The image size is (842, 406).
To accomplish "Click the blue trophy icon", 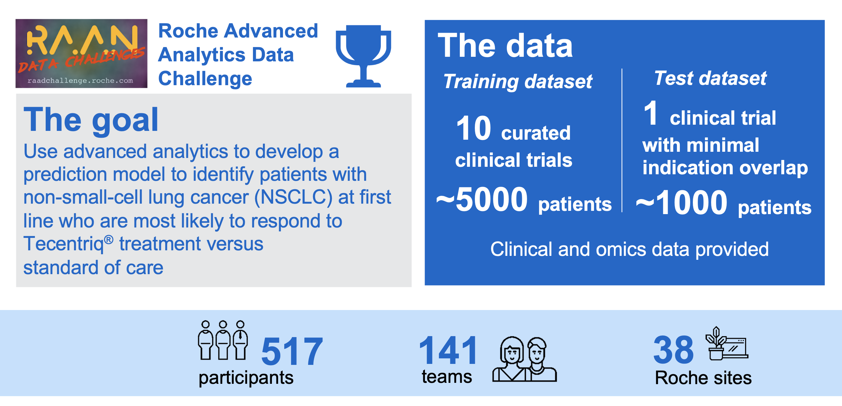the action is click(364, 55).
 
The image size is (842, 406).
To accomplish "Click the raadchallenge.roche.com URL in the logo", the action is click(80, 80).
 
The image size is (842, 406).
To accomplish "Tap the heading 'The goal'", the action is click(91, 120).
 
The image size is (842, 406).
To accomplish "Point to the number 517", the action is click(292, 352).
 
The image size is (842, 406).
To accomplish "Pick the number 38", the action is click(673, 351).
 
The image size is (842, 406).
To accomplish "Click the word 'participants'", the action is click(246, 378).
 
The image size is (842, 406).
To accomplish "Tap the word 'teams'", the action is click(447, 377).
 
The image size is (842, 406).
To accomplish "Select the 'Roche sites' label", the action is click(703, 378).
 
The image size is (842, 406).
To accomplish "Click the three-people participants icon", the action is click(223, 340).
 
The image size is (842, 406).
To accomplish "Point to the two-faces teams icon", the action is click(524, 359).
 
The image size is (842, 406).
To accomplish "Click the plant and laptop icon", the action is click(726, 343).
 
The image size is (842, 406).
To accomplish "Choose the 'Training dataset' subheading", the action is click(518, 81).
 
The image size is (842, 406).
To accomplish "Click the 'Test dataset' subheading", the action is click(710, 78).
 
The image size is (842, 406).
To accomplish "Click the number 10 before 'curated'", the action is click(473, 128).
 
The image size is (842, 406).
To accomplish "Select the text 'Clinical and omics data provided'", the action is click(630, 249).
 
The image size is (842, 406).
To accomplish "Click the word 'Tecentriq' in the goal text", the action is click(63, 244).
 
